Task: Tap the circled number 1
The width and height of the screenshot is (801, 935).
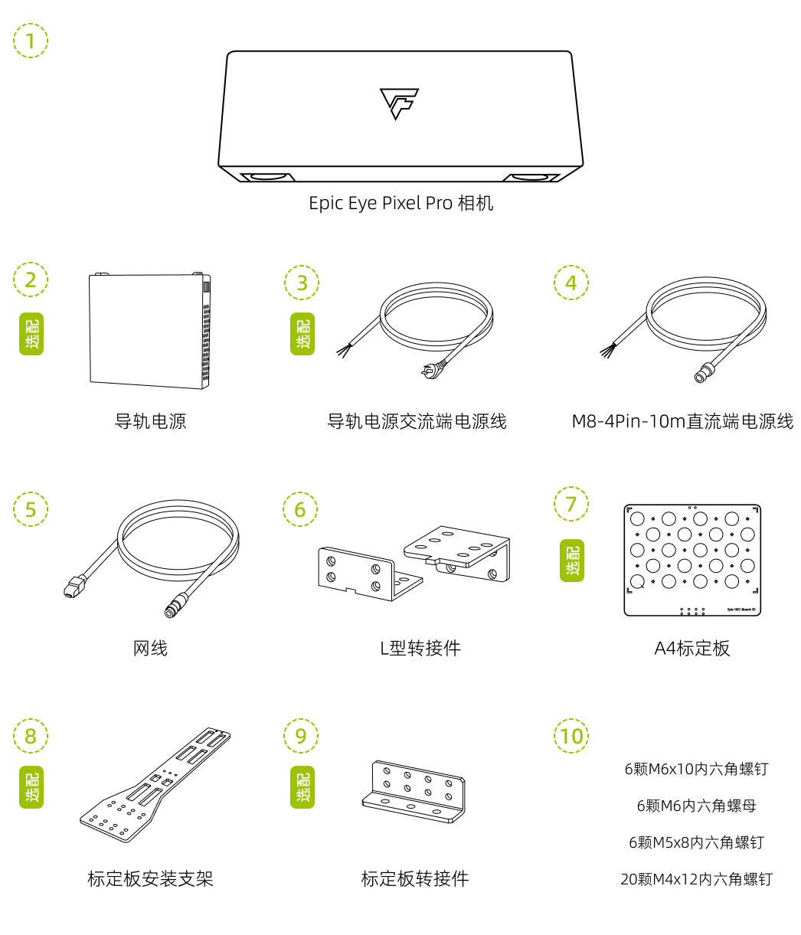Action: coord(31,41)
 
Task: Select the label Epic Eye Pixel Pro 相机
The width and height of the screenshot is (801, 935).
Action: coord(400,203)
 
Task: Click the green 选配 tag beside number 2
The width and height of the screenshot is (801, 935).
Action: coord(31,334)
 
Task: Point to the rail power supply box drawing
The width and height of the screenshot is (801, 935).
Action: coord(150,329)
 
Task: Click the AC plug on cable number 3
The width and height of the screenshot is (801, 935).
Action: coord(429,371)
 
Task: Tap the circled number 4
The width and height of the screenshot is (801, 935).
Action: coord(571,283)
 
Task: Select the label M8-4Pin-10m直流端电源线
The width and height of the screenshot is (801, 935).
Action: coord(682,421)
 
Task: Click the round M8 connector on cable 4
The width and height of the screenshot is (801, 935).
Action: coord(701,375)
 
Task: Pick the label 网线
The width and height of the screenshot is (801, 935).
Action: coord(150,649)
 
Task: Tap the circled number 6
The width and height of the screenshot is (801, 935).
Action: coord(300,510)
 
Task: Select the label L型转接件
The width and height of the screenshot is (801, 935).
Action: coord(420,649)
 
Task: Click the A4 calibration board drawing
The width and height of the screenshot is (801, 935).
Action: coord(692,560)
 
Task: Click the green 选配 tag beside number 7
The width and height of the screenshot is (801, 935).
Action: coord(571,561)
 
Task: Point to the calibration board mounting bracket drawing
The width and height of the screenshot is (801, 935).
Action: coord(155,785)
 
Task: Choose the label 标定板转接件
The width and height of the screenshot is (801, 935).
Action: coord(414,878)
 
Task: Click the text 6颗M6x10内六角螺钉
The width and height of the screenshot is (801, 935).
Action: coord(696,769)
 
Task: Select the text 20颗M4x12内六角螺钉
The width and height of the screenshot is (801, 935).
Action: coord(696,879)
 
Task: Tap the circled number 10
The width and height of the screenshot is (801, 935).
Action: coord(571,736)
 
